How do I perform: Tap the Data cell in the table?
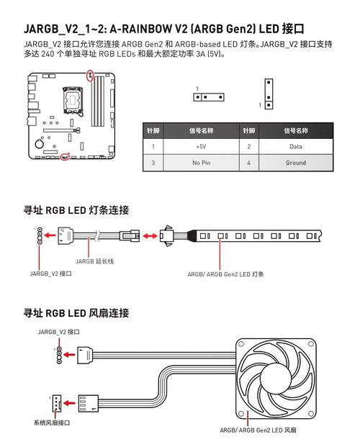click(295, 146)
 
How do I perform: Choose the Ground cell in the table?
click(295, 163)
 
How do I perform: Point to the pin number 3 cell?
click(153, 163)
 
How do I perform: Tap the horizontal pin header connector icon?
click(207, 96)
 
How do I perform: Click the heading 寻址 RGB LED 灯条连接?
click(76, 210)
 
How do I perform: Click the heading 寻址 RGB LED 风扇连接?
click(76, 313)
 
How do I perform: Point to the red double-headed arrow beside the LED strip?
click(149, 235)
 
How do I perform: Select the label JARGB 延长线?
click(95, 261)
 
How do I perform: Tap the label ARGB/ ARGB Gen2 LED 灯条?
click(225, 274)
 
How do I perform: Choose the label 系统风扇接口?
click(52, 422)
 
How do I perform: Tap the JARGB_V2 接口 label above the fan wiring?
click(59, 333)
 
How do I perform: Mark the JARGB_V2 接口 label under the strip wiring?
click(50, 274)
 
